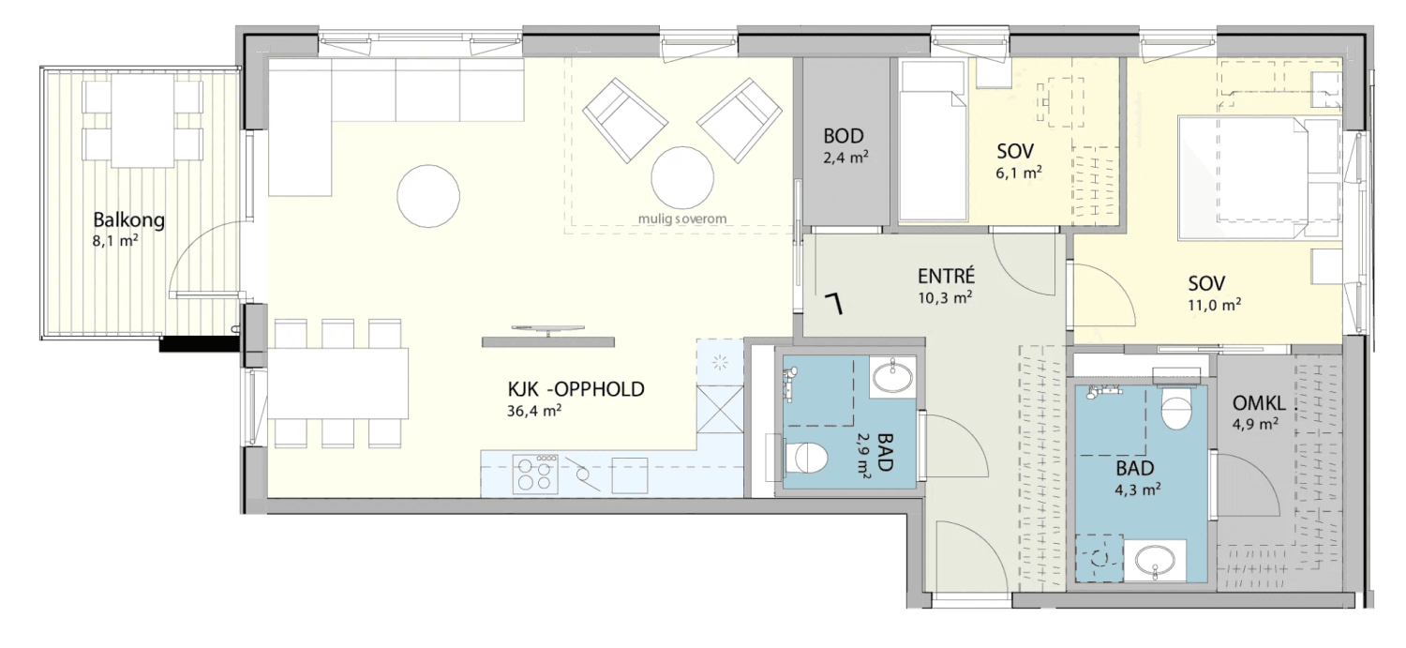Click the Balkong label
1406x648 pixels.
tap(128, 219)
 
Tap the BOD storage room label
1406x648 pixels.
tap(844, 136)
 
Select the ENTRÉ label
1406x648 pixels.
tap(946, 276)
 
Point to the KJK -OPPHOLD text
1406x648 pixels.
tap(576, 389)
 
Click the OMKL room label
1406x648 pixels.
tap(1259, 403)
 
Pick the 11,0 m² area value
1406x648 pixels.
tap(1214, 305)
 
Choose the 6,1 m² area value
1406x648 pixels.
tap(1019, 173)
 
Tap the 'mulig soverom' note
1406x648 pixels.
tap(682, 219)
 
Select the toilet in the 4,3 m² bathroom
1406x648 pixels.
tap(1175, 408)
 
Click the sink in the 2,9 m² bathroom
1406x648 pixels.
tap(892, 377)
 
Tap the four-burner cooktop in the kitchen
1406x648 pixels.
tap(535, 474)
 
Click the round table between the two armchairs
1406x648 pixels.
tap(682, 177)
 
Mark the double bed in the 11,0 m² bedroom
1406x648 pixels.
tap(1259, 177)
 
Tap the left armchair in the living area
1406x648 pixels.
tap(624, 120)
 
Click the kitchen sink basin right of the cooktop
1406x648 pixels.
tap(630, 475)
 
